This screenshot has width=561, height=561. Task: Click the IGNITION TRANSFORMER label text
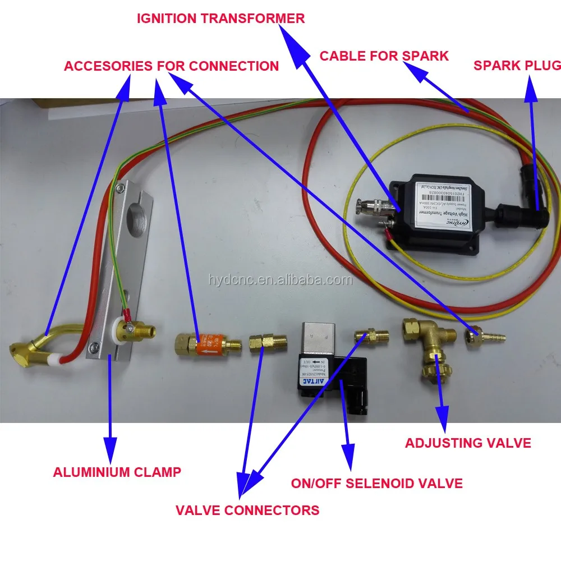coord(221,18)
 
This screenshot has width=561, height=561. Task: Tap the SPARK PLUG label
coord(517,65)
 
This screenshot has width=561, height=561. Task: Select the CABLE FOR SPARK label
coord(384,56)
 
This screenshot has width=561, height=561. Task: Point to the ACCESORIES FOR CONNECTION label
coord(171,66)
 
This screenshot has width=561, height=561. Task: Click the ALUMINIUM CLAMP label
coord(117,472)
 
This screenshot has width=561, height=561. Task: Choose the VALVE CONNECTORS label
coord(247,510)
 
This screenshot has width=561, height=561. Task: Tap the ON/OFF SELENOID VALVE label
coord(376,483)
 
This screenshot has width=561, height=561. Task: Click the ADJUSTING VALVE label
coord(468,443)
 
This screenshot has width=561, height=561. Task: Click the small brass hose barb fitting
coord(485,338)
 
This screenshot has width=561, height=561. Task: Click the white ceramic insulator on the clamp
coord(119,330)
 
